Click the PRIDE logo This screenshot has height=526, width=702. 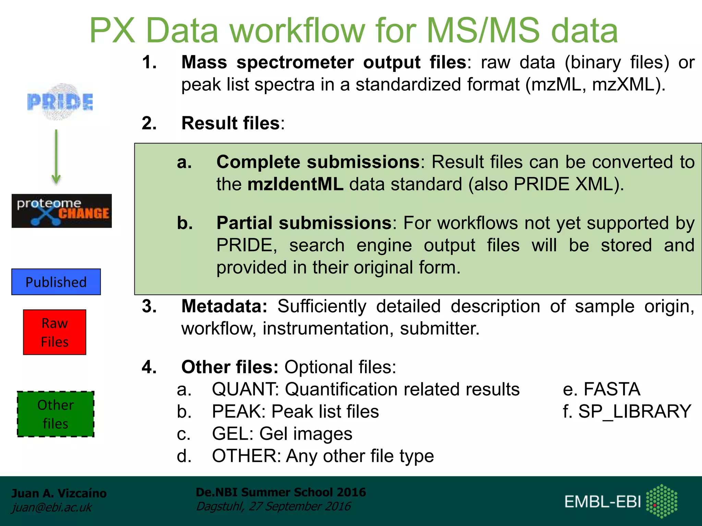click(60, 102)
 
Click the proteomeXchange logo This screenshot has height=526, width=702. click(62, 211)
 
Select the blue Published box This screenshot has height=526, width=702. click(56, 282)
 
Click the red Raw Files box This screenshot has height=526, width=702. click(55, 332)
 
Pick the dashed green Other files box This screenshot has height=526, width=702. click(56, 414)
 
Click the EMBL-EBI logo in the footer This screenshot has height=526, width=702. click(620, 502)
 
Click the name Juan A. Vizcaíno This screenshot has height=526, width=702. click(59, 493)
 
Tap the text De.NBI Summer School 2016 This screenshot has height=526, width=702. click(281, 492)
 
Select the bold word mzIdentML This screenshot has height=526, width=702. click(295, 184)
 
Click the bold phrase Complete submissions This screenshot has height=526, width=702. click(318, 162)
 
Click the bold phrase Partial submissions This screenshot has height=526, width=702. click(304, 223)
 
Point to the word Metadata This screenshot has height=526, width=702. click(224, 306)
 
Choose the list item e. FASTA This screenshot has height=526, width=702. click(602, 389)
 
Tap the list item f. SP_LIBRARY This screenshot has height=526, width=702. click(627, 412)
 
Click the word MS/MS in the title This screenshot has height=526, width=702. click(483, 31)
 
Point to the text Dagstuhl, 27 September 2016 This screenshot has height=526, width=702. click(274, 506)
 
